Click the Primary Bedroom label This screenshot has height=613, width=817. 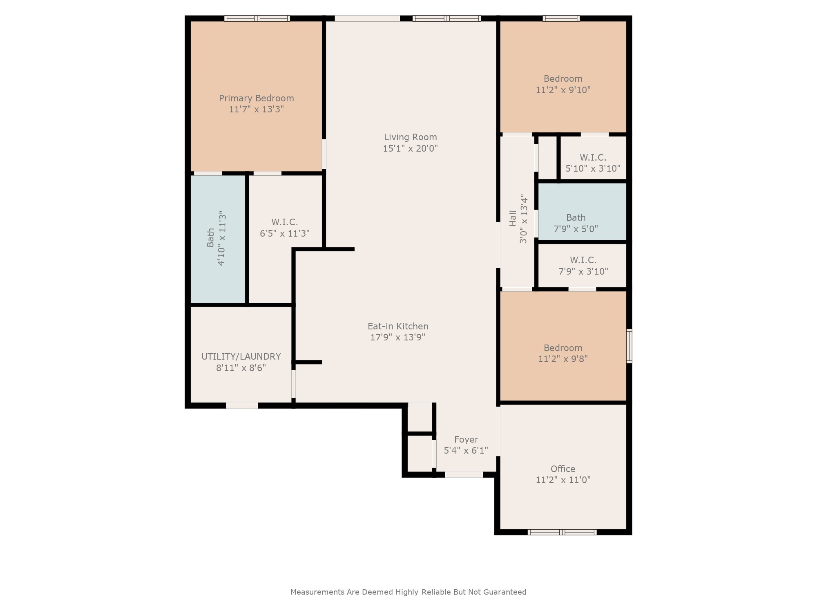[257, 98]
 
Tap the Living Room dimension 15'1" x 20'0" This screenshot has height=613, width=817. [410, 148]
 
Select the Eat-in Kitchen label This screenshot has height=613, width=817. [398, 326]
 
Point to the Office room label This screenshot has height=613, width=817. [563, 469]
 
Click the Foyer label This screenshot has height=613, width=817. [466, 440]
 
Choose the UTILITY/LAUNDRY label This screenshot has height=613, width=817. [241, 356]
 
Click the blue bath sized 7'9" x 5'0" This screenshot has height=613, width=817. [582, 211]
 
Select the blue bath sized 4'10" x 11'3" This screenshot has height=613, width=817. [218, 239]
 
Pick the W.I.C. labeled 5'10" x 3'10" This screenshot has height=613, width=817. [593, 158]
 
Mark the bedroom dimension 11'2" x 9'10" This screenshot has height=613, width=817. [563, 90]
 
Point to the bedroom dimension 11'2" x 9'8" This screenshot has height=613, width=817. [563, 359]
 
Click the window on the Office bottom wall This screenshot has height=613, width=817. [562, 532]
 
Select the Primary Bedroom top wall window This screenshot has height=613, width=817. [257, 18]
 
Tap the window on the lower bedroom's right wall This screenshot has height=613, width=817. [629, 346]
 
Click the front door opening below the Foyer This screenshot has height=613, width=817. [464, 474]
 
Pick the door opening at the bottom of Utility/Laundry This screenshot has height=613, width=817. [242, 405]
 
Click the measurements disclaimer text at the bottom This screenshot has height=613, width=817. [408, 592]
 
